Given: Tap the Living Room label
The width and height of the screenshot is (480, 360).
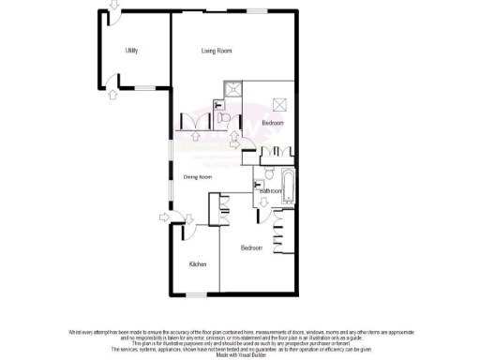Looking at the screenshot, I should (x=217, y=51).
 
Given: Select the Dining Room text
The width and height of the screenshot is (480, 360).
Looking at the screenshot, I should (x=197, y=177).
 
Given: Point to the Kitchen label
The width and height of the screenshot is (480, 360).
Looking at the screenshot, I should (x=197, y=265).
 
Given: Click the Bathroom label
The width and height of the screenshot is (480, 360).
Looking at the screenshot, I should (x=271, y=191).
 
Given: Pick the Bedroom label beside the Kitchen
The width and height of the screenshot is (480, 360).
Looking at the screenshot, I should (x=250, y=247).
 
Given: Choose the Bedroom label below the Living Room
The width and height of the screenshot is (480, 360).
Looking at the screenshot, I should (x=273, y=123).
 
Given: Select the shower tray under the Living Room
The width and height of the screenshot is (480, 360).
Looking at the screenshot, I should (x=230, y=91).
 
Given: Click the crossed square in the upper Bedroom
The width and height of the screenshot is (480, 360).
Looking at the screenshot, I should (x=277, y=103).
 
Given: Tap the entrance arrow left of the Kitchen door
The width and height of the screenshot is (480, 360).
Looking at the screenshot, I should (x=164, y=218).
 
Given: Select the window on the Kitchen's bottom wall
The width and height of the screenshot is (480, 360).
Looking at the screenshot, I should (x=196, y=295).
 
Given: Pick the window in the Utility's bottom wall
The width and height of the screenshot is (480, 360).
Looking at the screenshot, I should (x=145, y=86).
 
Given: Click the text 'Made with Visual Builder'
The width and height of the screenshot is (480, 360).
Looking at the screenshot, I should (x=240, y=354).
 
